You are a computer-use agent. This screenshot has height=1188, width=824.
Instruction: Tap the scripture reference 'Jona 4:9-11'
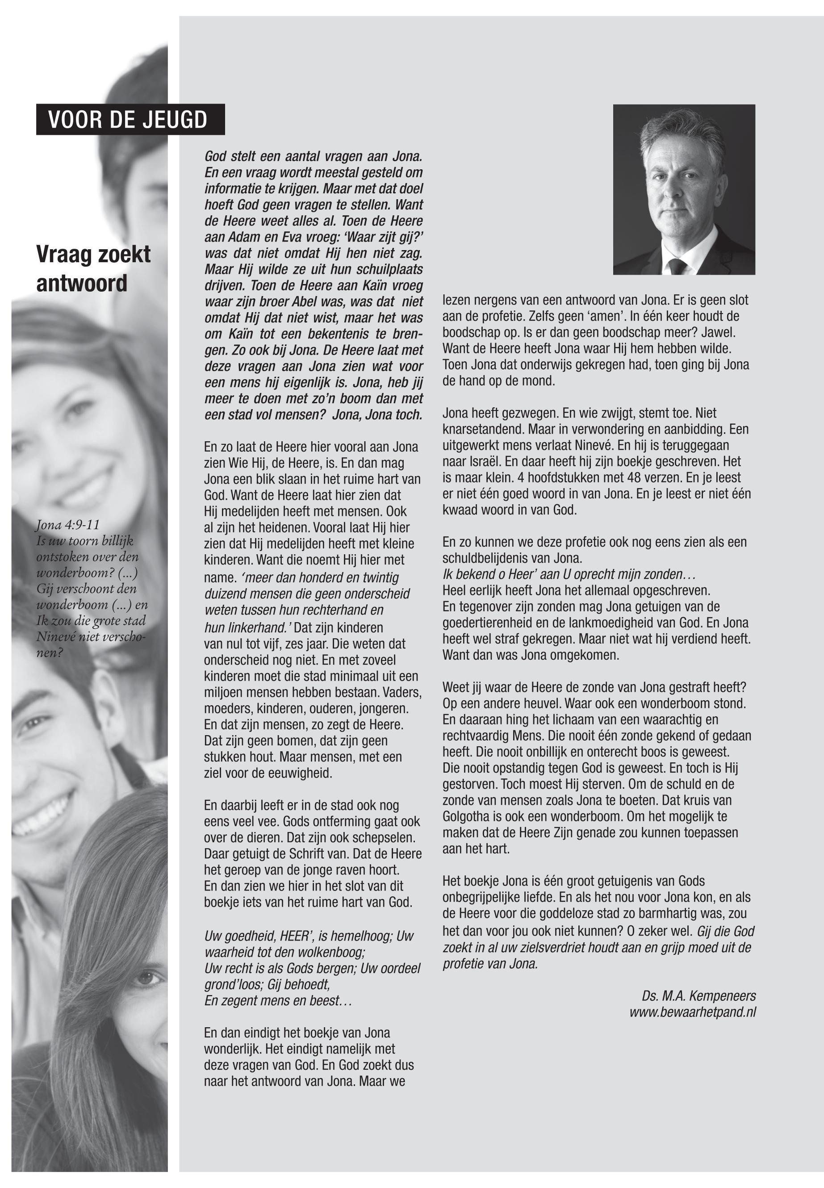pos(67,525)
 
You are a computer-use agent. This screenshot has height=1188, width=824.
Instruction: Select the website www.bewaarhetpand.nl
pos(692,1012)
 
